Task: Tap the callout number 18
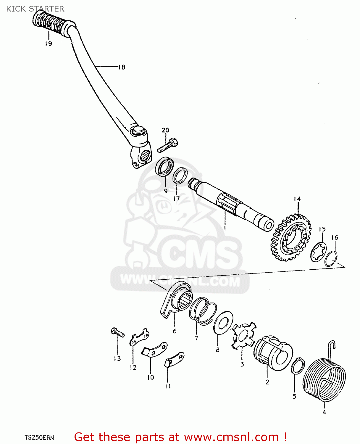click(x=122, y=67)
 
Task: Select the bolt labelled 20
click(x=168, y=146)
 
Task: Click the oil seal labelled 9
click(x=164, y=167)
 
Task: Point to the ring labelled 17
click(x=180, y=176)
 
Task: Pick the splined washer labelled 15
click(x=319, y=252)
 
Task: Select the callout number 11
click(x=168, y=386)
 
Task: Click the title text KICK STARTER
click(x=35, y=9)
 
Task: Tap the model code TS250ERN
click(x=39, y=437)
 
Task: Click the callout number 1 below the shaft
click(x=225, y=228)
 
